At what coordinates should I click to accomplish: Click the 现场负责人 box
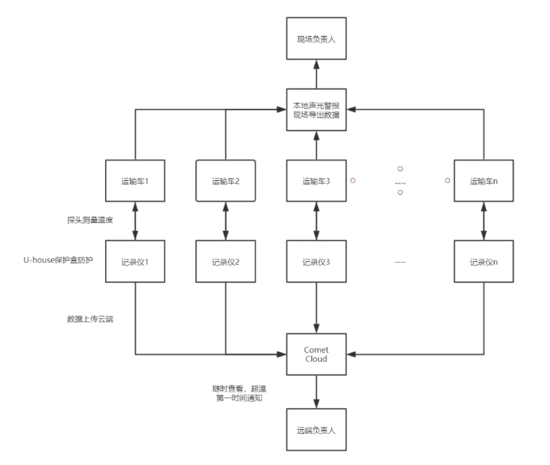316,39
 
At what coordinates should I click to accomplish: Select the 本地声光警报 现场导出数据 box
316,110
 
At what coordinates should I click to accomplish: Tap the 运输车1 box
135,181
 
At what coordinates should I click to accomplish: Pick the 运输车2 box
225,181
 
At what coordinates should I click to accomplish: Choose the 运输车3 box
316,181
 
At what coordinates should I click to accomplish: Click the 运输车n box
483,181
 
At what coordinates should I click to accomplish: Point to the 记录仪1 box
135,261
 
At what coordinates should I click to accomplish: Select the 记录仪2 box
225,261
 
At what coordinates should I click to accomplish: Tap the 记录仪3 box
316,261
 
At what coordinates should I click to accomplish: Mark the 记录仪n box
483,261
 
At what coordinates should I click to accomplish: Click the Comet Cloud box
316,354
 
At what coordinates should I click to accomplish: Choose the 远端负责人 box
316,430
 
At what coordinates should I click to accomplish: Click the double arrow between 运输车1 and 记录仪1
135,221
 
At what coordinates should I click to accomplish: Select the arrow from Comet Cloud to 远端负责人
316,392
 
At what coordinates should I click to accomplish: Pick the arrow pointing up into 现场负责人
316,75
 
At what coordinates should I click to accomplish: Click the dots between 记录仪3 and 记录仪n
400,261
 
